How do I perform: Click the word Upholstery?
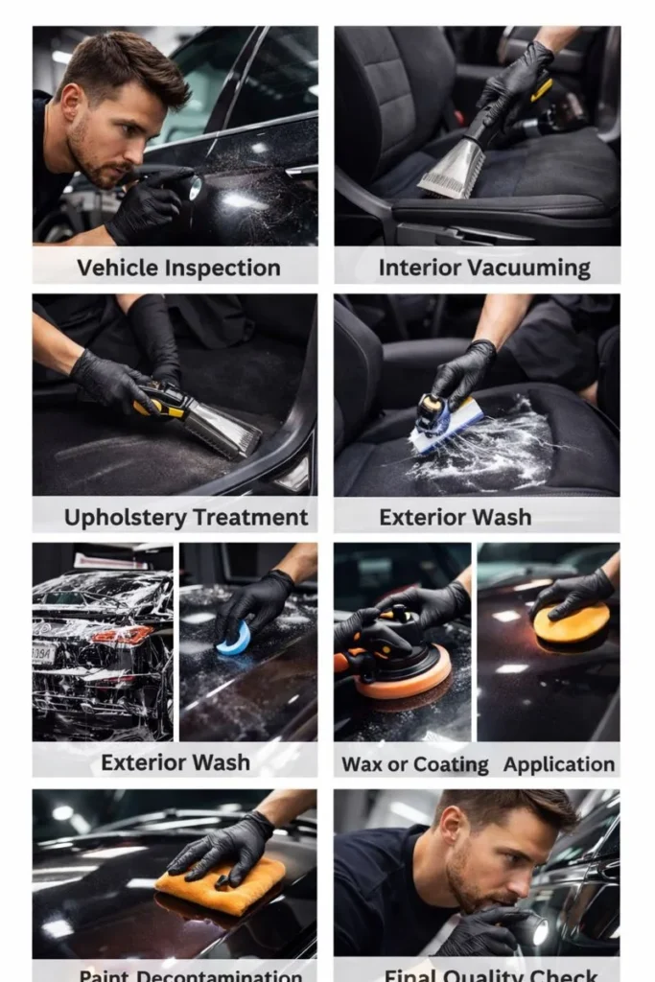122,519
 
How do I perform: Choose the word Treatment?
248,519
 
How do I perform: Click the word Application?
559,764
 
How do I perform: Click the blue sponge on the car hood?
233,640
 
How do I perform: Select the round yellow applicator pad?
572,624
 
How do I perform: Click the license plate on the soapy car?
44,652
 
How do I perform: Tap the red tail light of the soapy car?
134,635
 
